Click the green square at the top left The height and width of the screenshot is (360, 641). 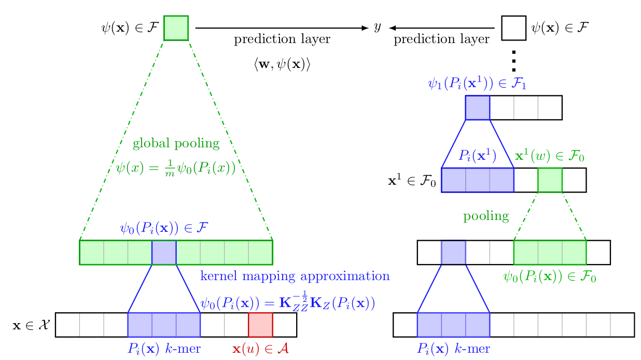click(176, 28)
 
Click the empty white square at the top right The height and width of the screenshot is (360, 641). click(513, 28)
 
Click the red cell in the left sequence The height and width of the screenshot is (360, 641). click(260, 325)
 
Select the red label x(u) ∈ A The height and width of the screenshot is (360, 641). click(260, 349)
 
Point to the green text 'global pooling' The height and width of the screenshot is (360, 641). click(176, 143)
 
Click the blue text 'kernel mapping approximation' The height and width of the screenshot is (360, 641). click(295, 276)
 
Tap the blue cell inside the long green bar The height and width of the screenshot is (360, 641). click(164, 252)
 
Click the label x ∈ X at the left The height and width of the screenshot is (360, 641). click(31, 325)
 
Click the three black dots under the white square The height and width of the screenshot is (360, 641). click(513, 61)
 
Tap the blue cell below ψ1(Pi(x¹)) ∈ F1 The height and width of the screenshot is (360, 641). click(477, 107)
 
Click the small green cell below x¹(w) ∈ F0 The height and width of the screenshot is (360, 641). click(550, 180)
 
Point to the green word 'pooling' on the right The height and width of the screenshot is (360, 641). click(486, 216)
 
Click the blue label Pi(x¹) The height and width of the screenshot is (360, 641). click(478, 156)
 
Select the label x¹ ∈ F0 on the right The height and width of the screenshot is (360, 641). click(412, 181)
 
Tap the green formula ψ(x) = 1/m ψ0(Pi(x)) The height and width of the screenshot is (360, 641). click(176, 168)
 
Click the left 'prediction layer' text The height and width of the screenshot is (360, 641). click(282, 40)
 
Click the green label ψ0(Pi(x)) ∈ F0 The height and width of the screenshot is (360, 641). click(549, 276)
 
